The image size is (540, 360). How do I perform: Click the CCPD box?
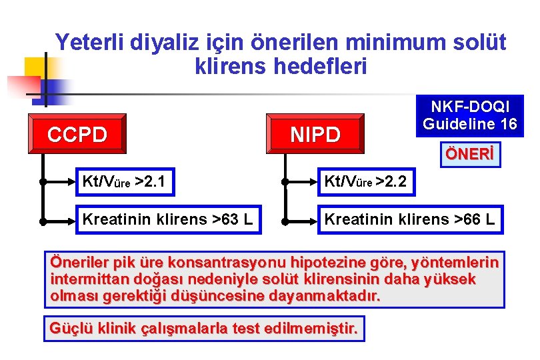tap(77, 134)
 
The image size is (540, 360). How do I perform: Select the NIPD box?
tap(315, 134)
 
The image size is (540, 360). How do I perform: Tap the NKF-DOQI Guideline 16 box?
tap(470, 116)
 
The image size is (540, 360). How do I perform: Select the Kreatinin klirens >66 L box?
tap(409, 219)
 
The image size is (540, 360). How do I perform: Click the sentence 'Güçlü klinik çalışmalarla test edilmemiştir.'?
tap(205, 329)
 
